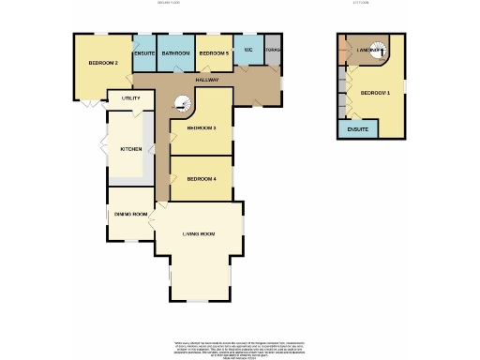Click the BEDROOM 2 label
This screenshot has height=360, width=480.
103,63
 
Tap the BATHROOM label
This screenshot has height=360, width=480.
176,53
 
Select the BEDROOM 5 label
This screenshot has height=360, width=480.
215,53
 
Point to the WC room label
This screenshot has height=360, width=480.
248,50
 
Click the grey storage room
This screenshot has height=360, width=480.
273,52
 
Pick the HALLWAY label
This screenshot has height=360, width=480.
207,80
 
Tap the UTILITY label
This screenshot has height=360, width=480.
131,97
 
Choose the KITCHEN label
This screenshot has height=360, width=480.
130,149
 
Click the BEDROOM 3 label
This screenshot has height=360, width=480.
202,127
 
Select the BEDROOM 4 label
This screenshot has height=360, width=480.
202,178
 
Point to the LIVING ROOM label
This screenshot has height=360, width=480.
198,233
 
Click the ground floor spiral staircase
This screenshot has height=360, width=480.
179,105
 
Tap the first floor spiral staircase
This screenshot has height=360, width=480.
378,52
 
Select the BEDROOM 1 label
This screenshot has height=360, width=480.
373,91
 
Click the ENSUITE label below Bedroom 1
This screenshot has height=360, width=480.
357,128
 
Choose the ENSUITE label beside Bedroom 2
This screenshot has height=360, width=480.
144,53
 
